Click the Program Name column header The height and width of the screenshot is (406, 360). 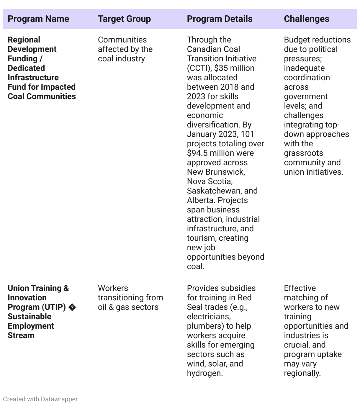click(x=38, y=19)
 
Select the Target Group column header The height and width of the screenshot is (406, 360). click(x=124, y=19)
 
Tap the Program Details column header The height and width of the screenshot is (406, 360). click(x=220, y=19)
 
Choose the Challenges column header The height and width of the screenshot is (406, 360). click(x=306, y=19)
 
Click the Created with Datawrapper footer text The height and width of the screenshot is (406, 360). click(x=40, y=399)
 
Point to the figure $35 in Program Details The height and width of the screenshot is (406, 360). click(x=221, y=68)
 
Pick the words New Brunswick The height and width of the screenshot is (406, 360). click(x=216, y=172)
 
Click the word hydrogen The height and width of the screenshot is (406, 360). click(x=204, y=373)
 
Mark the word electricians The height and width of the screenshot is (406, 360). click(x=209, y=317)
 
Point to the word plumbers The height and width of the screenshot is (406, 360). click(x=203, y=326)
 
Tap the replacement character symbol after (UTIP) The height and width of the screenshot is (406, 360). click(x=72, y=307)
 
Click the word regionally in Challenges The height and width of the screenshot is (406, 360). click(x=302, y=373)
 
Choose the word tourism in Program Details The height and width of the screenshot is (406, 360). click(x=201, y=238)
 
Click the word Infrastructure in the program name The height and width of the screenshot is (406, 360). click(x=33, y=78)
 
